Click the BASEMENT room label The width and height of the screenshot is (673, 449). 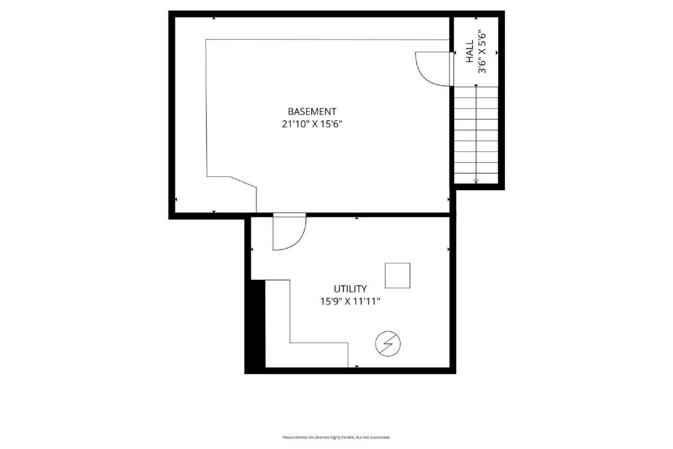pos(312,112)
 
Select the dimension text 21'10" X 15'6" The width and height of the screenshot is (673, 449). pos(312,124)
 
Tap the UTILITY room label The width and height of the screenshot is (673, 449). pos(350,289)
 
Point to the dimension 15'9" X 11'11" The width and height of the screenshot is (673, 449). pos(350,301)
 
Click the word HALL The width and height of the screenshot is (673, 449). pos(470,51)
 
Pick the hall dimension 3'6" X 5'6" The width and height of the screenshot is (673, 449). pos(482,51)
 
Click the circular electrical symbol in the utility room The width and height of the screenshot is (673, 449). pos(388,343)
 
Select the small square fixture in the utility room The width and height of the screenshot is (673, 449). pos(397,276)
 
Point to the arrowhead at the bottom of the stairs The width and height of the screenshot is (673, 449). pos(476,181)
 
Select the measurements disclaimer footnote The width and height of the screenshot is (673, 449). pos(336,437)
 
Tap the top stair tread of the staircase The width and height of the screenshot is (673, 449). pos(476,92)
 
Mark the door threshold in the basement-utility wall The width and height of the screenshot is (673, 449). pos(289,214)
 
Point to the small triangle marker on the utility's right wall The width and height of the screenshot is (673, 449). pos(448,249)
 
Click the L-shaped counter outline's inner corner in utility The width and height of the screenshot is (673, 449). pos(290,342)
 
